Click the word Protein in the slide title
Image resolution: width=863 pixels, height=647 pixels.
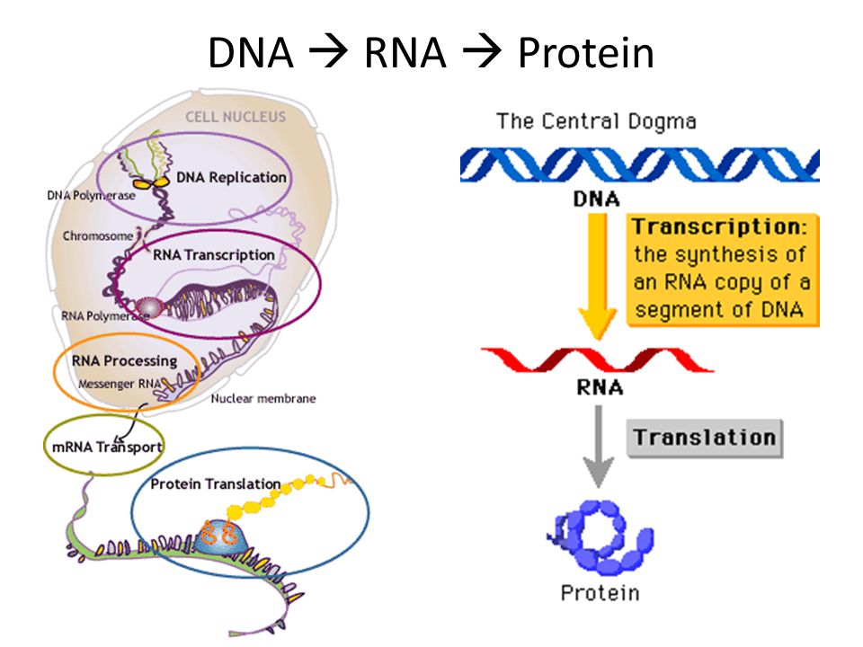click(x=585, y=52)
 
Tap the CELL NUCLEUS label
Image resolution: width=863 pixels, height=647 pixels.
click(x=236, y=117)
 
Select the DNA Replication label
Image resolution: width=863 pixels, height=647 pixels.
click(x=231, y=177)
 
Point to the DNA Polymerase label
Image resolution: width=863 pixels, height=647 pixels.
click(x=91, y=195)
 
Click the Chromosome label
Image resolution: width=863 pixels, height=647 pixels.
click(x=97, y=236)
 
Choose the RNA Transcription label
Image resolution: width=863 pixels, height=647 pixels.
click(x=214, y=254)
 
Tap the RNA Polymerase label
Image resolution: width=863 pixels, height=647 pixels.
click(x=104, y=315)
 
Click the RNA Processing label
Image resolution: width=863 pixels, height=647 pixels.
click(x=124, y=361)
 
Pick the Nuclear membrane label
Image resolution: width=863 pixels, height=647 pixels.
click(x=263, y=398)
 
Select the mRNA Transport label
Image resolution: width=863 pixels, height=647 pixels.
click(x=107, y=447)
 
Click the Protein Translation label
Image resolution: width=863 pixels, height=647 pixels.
click(x=216, y=483)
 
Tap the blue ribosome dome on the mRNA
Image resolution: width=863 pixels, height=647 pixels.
click(x=221, y=537)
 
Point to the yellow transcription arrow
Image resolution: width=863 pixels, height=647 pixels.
click(x=598, y=276)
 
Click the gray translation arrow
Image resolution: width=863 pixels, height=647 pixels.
click(x=599, y=446)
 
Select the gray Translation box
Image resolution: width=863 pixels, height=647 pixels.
click(x=705, y=439)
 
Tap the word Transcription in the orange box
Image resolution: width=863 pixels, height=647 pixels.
click(x=719, y=226)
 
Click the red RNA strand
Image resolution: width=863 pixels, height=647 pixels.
click(x=598, y=359)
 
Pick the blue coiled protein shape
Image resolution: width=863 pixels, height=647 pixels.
click(x=601, y=536)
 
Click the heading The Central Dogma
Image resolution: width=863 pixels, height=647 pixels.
click(x=596, y=121)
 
